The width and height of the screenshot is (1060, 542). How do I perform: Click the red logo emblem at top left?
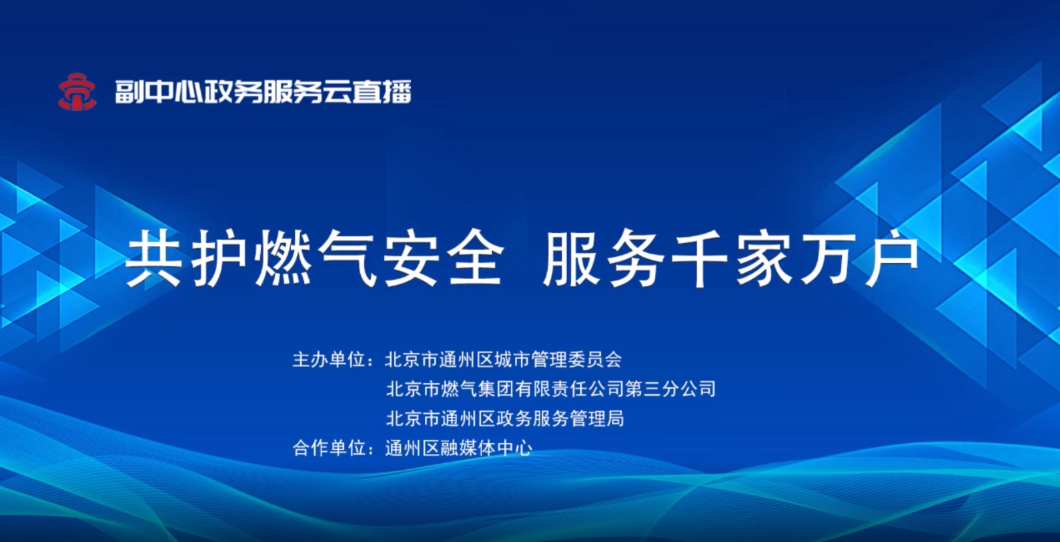click(77, 91)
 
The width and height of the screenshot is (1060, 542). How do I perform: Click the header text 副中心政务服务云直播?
click(263, 91)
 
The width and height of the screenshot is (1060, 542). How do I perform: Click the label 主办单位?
click(328, 360)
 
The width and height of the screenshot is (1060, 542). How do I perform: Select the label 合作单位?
click(328, 448)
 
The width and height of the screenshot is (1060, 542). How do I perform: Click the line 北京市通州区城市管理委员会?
click(504, 360)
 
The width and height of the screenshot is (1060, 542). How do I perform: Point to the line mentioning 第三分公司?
click(551, 389)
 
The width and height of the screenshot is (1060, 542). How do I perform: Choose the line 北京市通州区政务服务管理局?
click(505, 419)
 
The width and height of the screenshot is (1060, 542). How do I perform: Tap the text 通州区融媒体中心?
click(459, 448)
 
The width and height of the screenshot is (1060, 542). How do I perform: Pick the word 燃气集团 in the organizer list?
click(478, 389)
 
